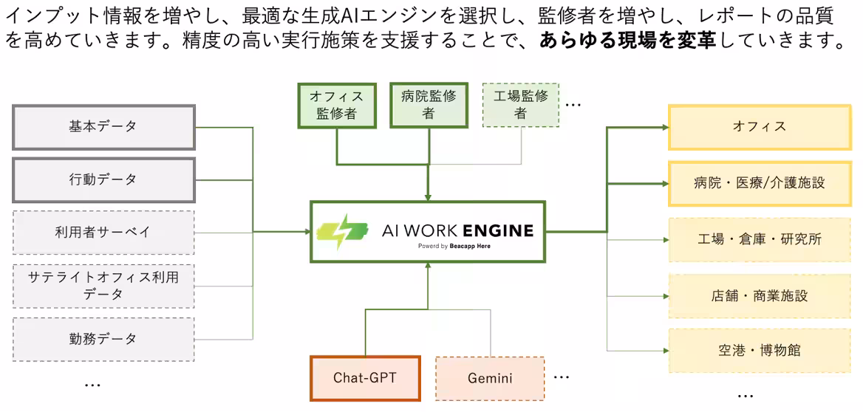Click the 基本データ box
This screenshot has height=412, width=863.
pyautogui.click(x=103, y=127)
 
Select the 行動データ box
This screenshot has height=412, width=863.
pyautogui.click(x=103, y=179)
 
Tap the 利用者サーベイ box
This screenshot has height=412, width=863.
pyautogui.click(x=103, y=232)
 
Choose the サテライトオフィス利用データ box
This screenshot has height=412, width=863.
pyautogui.click(x=103, y=286)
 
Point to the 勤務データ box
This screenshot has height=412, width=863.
pyautogui.click(x=103, y=339)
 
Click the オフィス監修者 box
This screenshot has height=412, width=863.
pyautogui.click(x=337, y=104)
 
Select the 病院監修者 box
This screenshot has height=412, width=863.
pyautogui.click(x=429, y=104)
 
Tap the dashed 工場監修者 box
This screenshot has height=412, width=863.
pyautogui.click(x=520, y=104)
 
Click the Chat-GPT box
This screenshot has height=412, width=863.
pyautogui.click(x=365, y=378)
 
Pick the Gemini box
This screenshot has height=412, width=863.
pyautogui.click(x=490, y=378)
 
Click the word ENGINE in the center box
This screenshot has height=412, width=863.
pyautogui.click(x=496, y=230)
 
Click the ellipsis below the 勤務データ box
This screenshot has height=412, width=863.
pyautogui.click(x=92, y=385)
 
